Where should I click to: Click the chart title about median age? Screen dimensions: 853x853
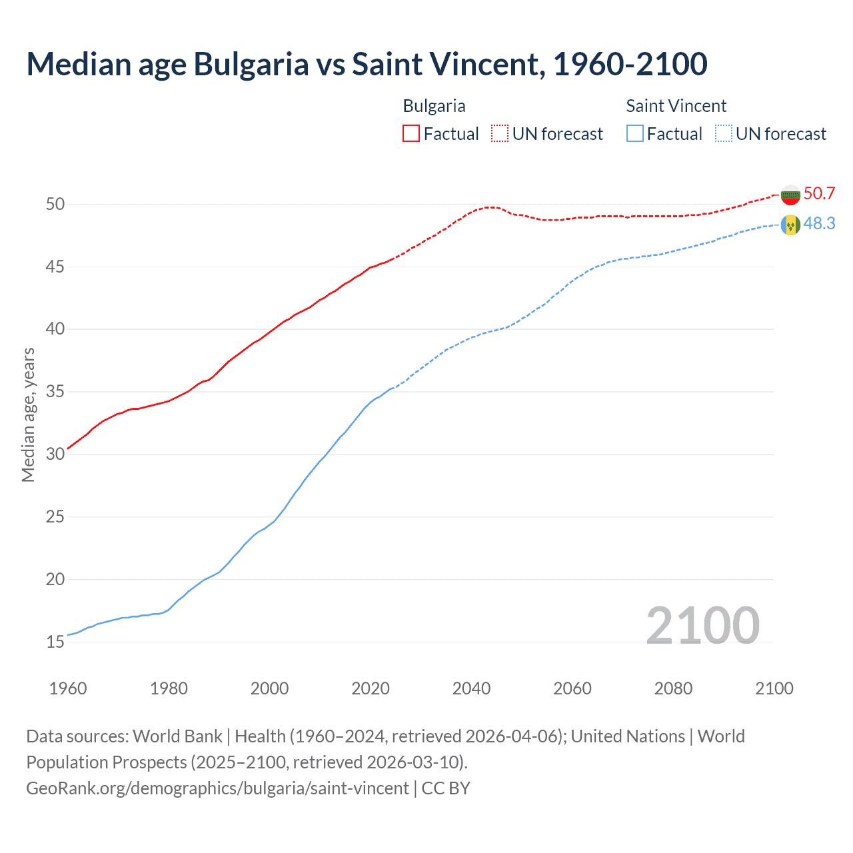367,65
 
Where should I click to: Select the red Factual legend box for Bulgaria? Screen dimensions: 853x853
411,134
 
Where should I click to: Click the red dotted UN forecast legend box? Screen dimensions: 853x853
500,134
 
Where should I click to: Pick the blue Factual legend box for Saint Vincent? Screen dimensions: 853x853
635,134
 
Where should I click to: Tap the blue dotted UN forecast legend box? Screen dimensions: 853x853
724,134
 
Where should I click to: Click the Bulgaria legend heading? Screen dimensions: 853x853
434,106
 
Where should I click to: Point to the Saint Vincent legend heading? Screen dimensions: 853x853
676,106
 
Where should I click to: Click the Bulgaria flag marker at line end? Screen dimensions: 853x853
790,195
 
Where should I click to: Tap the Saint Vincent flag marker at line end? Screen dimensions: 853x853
790,225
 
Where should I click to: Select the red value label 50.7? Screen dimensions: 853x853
819,194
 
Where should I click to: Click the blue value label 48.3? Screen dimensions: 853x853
819,224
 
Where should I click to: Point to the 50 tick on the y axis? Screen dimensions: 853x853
55,204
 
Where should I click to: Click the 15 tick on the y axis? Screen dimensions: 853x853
55,642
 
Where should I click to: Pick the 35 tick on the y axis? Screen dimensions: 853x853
55,391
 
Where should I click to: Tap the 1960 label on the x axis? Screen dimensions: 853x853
68,688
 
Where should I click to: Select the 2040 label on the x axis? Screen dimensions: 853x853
471,688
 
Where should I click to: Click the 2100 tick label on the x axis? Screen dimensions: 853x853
774,688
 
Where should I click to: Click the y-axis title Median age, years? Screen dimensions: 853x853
28,415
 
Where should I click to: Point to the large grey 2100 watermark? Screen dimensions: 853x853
702,625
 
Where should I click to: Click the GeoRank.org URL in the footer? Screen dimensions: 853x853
217,788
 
